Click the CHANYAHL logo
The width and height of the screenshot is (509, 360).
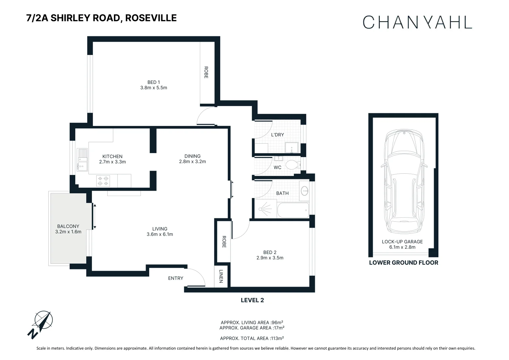coord(417,22)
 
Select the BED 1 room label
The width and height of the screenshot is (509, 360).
coord(154,82)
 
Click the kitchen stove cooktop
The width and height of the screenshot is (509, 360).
coord(103,181)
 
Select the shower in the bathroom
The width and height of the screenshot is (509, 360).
coord(265,209)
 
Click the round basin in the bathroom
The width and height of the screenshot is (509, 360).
coord(304,191)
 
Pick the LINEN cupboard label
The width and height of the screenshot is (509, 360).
coord(221,276)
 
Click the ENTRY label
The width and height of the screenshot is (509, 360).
coord(176,278)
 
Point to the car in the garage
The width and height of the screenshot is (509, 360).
coord(404,182)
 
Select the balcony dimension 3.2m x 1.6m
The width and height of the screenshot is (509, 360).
coord(68,232)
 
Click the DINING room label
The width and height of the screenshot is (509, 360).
coord(193,156)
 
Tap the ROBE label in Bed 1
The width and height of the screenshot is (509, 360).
coord(206,72)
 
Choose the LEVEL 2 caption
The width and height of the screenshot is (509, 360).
coord(252,300)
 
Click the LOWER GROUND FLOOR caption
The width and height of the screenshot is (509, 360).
coord(403,263)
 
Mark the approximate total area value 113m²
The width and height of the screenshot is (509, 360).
coord(277,338)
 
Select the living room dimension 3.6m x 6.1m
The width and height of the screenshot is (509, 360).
coord(160,234)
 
